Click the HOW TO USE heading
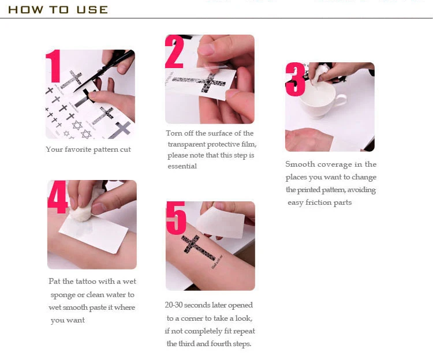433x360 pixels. [58, 10]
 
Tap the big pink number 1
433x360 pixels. [54, 66]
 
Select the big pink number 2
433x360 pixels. [174, 52]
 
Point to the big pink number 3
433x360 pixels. [295, 79]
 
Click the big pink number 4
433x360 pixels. [57, 197]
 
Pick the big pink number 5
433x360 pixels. [176, 218]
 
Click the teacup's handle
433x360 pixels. [341, 100]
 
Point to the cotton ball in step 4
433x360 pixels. [83, 210]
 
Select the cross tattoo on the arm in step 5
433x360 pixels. [198, 247]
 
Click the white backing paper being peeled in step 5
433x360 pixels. [221, 223]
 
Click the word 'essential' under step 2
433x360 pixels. [182, 166]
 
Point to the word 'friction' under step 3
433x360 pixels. [318, 202]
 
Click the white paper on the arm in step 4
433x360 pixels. [94, 234]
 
